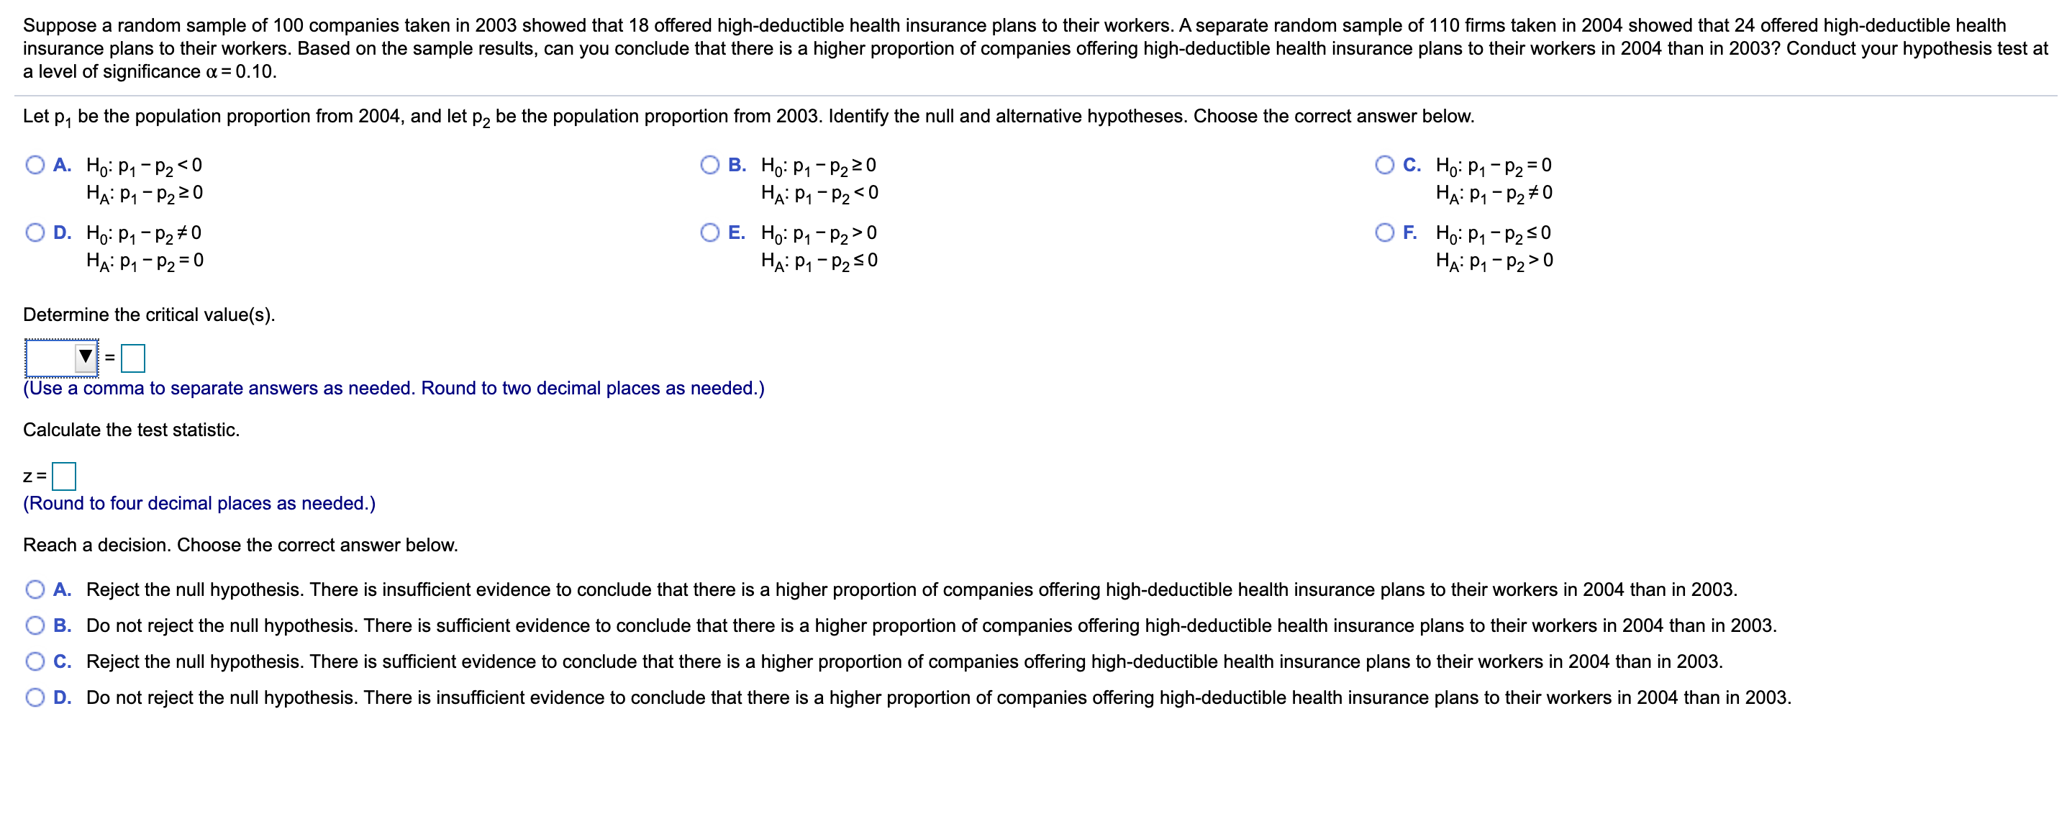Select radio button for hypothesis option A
point(35,165)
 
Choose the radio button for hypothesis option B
point(709,165)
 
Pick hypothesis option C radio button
point(1384,165)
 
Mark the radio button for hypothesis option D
point(35,232)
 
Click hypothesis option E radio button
point(709,232)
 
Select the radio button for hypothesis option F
point(1384,232)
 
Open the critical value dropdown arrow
point(86,356)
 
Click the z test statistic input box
point(63,476)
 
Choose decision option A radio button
point(35,589)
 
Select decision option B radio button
point(35,625)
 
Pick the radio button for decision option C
point(35,661)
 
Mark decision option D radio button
point(35,697)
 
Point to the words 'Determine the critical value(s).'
point(149,315)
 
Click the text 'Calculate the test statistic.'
point(131,430)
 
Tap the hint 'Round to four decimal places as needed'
point(199,503)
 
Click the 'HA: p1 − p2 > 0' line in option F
point(1494,261)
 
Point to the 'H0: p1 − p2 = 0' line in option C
point(1493,166)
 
